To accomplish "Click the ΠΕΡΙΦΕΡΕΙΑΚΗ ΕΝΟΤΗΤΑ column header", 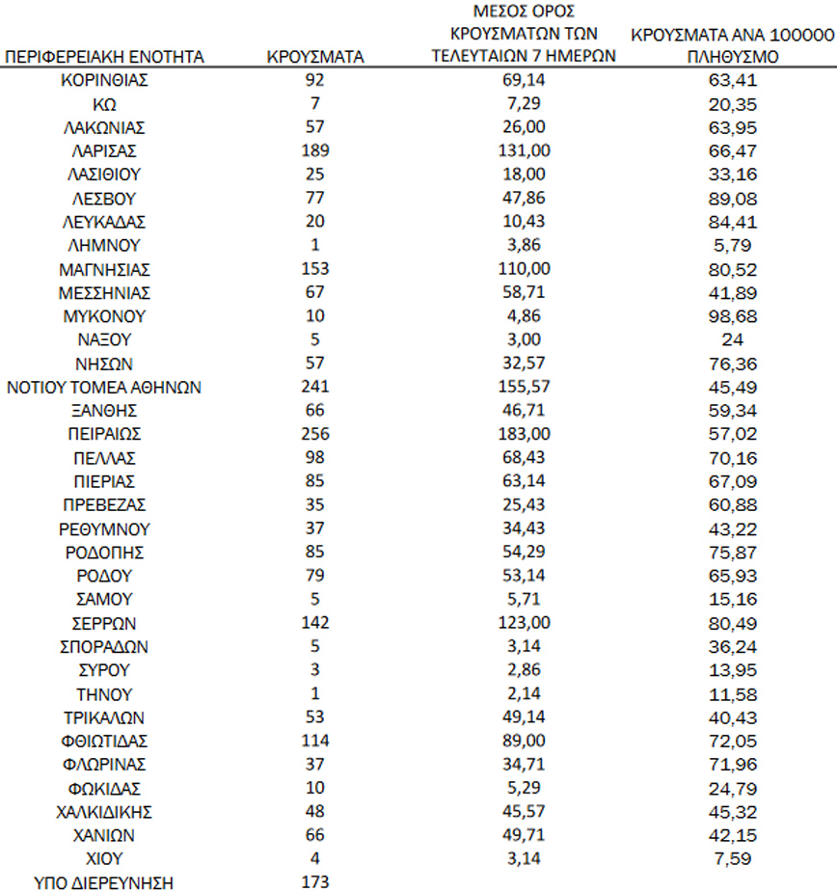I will click(x=104, y=57).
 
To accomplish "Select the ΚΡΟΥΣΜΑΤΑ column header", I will click(x=314, y=57).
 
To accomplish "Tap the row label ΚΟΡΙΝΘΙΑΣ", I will click(x=104, y=80).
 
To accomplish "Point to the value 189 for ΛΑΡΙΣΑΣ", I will click(x=314, y=150).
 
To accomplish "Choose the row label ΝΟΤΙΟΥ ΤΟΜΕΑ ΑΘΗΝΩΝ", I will click(x=104, y=388).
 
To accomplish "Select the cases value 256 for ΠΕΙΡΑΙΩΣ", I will click(x=314, y=435).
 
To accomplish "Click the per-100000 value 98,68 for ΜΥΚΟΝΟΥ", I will click(x=732, y=316).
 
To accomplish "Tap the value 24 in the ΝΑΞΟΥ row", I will click(x=732, y=339).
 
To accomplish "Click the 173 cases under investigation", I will click(x=314, y=883).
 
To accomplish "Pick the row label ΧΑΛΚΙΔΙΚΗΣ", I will click(x=104, y=812).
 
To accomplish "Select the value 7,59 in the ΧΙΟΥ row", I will click(x=732, y=859).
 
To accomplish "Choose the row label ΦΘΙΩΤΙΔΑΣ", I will click(x=104, y=742).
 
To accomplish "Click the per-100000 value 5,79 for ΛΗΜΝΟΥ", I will click(x=732, y=245).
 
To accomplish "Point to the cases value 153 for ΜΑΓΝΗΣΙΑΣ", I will click(x=314, y=269).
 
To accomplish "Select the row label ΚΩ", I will click(x=104, y=103).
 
